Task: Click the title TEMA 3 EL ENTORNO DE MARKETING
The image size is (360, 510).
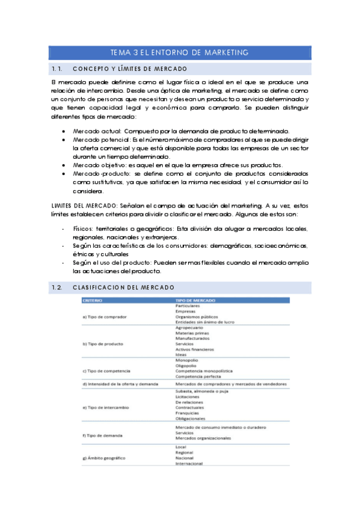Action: [x=180, y=53]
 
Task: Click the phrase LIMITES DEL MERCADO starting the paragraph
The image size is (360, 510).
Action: [x=84, y=206]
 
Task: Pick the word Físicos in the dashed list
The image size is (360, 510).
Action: [x=84, y=229]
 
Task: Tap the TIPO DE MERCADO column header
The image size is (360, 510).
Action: [x=193, y=300]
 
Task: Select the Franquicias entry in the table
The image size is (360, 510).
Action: [x=187, y=413]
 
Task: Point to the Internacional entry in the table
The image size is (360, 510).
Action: [x=189, y=464]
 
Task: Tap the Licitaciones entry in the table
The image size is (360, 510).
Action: [x=188, y=396]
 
